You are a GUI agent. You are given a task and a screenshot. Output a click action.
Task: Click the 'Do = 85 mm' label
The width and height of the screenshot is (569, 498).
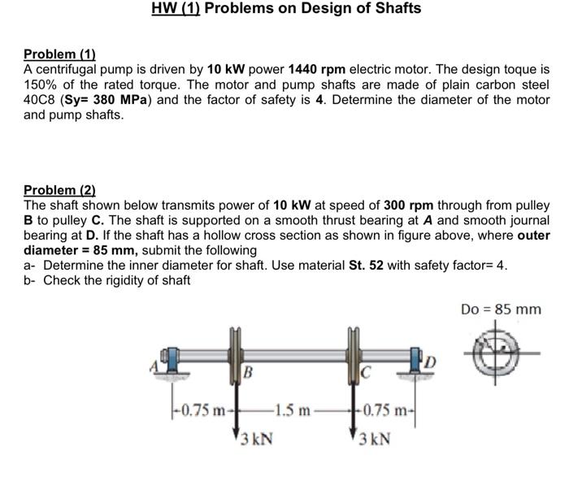500,310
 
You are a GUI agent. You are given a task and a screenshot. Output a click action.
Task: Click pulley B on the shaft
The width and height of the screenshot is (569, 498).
237,350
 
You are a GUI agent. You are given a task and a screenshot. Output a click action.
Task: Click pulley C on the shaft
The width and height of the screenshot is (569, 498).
355,350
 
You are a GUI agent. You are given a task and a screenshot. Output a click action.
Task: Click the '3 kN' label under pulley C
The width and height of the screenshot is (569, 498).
372,440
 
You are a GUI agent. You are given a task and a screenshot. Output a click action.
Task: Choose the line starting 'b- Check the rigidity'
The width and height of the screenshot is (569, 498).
107,280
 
